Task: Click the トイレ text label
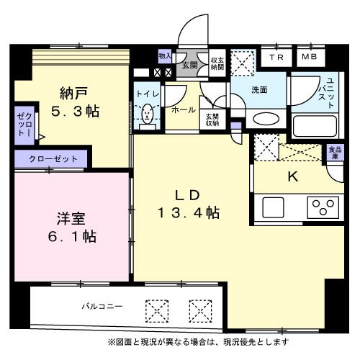144,94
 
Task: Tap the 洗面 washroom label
259,90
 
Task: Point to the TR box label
276,57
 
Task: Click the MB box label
309,57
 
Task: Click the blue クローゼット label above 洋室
50,158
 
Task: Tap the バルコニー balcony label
102,306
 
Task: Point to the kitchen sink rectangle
275,207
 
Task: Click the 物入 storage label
165,55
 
